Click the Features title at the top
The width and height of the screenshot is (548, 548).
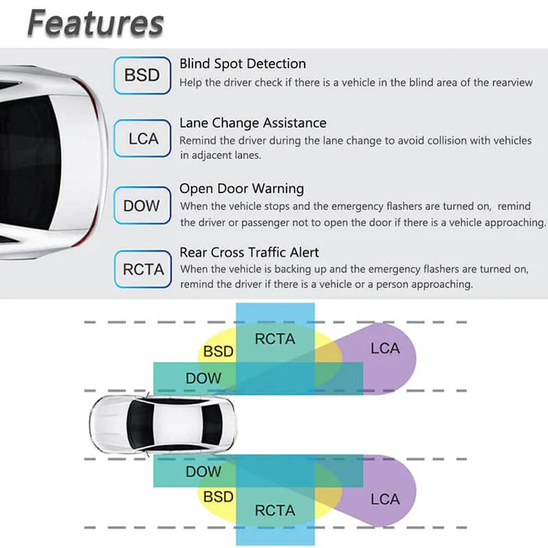[x=96, y=23]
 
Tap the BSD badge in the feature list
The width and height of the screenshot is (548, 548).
[x=142, y=75]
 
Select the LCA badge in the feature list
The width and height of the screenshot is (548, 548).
[x=142, y=139]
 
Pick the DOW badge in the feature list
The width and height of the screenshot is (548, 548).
[x=142, y=206]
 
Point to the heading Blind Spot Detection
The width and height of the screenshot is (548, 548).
[x=243, y=63]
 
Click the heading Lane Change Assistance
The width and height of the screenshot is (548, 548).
[x=253, y=123]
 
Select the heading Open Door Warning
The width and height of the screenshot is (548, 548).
[x=242, y=189]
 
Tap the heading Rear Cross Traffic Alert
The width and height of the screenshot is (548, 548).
[x=250, y=252]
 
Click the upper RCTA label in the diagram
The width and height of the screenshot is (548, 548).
[x=276, y=339]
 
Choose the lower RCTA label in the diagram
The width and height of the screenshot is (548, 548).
[x=275, y=510]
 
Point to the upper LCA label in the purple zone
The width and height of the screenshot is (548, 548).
[x=385, y=348]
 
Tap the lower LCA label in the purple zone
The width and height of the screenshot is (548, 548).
[x=385, y=499]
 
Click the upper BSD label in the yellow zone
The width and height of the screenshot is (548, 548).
[x=218, y=352]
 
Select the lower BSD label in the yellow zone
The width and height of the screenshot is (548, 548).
[x=218, y=496]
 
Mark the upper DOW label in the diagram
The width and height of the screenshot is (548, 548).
[x=204, y=379]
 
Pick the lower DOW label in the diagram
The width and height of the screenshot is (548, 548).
[x=204, y=471]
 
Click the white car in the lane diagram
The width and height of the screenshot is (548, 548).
[x=160, y=424]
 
